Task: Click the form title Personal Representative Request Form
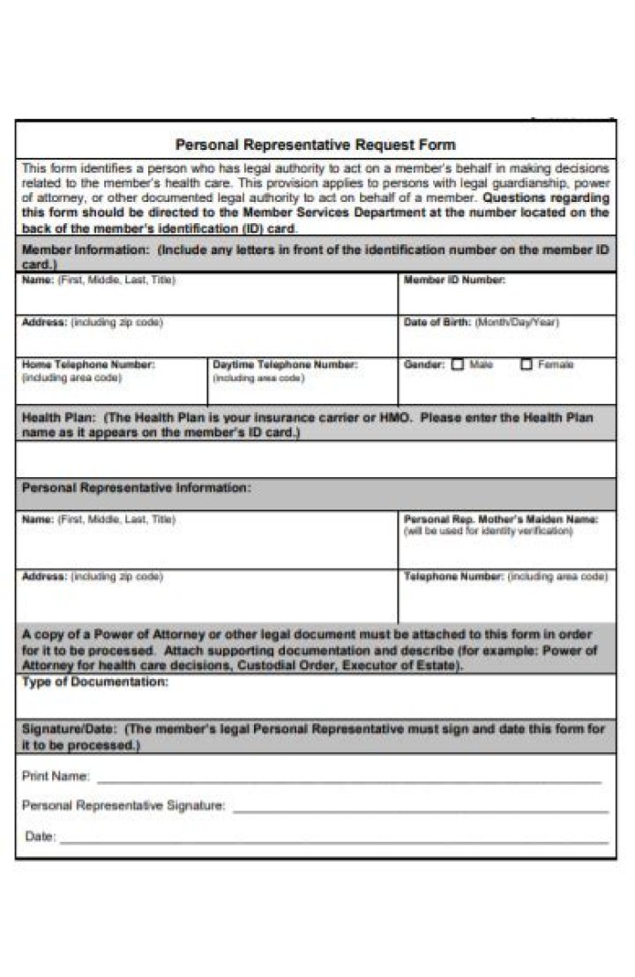click(316, 144)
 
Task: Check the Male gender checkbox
click(458, 364)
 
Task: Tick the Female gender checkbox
click(527, 364)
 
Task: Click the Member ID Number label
click(454, 280)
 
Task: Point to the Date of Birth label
click(437, 323)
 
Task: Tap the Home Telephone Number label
click(88, 364)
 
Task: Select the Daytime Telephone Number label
click(285, 364)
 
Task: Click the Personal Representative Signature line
click(420, 809)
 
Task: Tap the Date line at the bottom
click(333, 841)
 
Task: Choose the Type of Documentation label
click(95, 682)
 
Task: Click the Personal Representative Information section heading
click(136, 487)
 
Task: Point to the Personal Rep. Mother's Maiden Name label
click(500, 520)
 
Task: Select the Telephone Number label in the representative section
click(453, 577)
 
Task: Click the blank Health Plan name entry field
click(316, 459)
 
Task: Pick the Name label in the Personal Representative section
click(38, 520)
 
